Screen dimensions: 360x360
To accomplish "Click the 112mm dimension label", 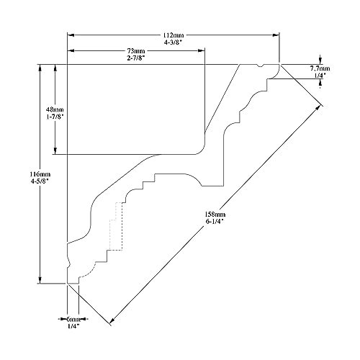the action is coord(174,35).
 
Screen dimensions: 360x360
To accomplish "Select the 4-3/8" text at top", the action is coord(174,42).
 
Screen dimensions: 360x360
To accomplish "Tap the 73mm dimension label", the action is coord(136,51).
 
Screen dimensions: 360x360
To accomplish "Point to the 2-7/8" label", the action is coord(136,58).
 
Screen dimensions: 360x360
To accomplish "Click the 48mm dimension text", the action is coord(55,109).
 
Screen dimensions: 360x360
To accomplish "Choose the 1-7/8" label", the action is coord(55,117).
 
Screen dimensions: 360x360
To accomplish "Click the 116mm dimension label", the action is coord(40,174).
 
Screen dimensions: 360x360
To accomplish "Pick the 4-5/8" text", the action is coord(40,181).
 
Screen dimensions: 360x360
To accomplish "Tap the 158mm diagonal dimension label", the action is coord(215,214).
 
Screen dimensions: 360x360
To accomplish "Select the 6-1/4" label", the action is coord(215,221).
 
